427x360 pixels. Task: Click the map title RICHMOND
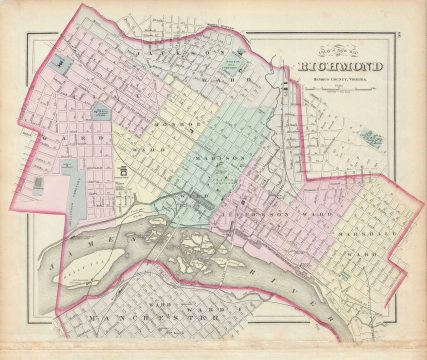(336, 70)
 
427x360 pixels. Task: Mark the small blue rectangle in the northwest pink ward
(63, 63)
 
